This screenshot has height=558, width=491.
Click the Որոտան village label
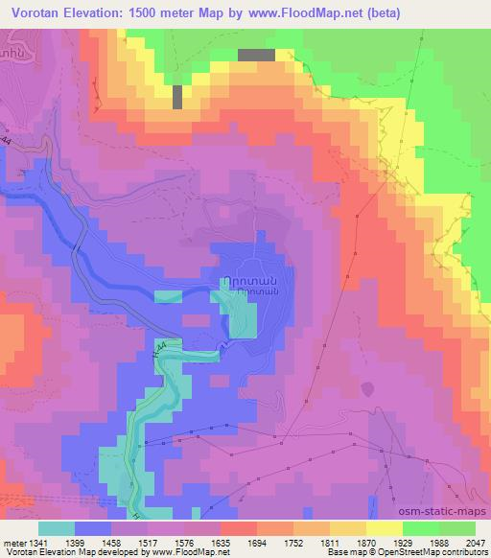pos(259,272)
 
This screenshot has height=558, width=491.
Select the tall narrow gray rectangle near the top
pos(177,97)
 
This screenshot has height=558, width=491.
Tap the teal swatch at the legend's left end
pos(57,528)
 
